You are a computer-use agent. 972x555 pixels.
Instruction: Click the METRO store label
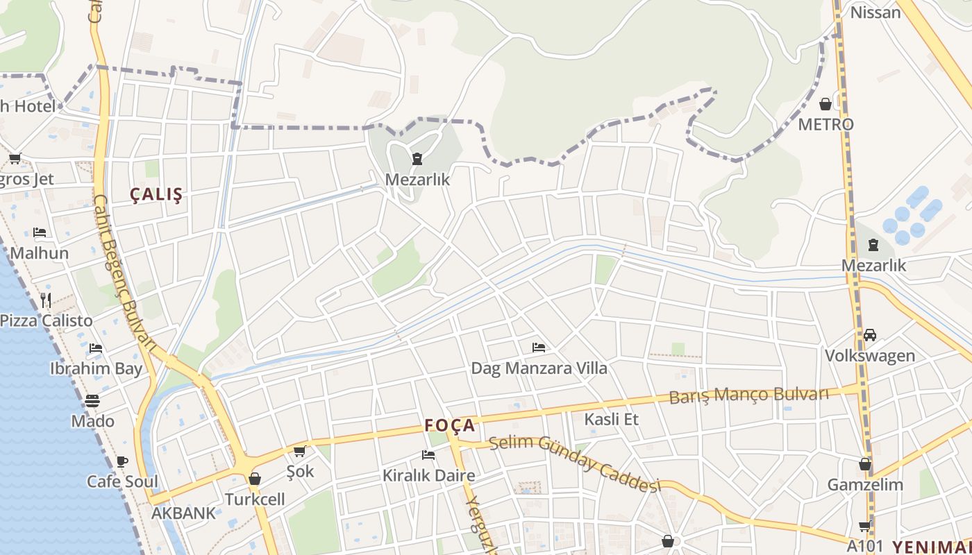pyautogui.click(x=826, y=125)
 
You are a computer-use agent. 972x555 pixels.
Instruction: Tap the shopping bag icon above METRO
pyautogui.click(x=826, y=105)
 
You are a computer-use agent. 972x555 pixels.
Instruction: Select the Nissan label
pyautogui.click(x=875, y=12)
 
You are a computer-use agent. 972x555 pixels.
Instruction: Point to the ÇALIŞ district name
pyautogui.click(x=157, y=195)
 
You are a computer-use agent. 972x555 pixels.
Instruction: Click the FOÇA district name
pyautogui.click(x=450, y=425)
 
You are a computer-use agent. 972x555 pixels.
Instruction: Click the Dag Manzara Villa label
pyautogui.click(x=539, y=368)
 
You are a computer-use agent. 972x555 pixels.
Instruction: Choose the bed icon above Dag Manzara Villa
pyautogui.click(x=539, y=347)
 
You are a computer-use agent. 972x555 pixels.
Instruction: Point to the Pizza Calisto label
pyautogui.click(x=47, y=321)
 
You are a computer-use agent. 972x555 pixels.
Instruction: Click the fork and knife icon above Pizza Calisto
pyautogui.click(x=46, y=300)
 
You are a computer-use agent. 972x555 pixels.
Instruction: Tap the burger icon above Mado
pyautogui.click(x=92, y=401)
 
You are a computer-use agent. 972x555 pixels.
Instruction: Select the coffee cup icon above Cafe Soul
pyautogui.click(x=122, y=461)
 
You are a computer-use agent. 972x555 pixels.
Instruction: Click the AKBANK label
pyautogui.click(x=184, y=514)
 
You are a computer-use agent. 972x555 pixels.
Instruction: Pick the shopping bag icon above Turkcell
pyautogui.click(x=255, y=479)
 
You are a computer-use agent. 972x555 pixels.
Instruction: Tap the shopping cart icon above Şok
pyautogui.click(x=300, y=452)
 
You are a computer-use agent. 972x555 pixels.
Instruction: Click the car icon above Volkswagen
pyautogui.click(x=870, y=335)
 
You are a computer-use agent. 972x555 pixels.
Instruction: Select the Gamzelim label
pyautogui.click(x=865, y=485)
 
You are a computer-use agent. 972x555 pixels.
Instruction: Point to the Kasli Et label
pyautogui.click(x=611, y=419)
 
